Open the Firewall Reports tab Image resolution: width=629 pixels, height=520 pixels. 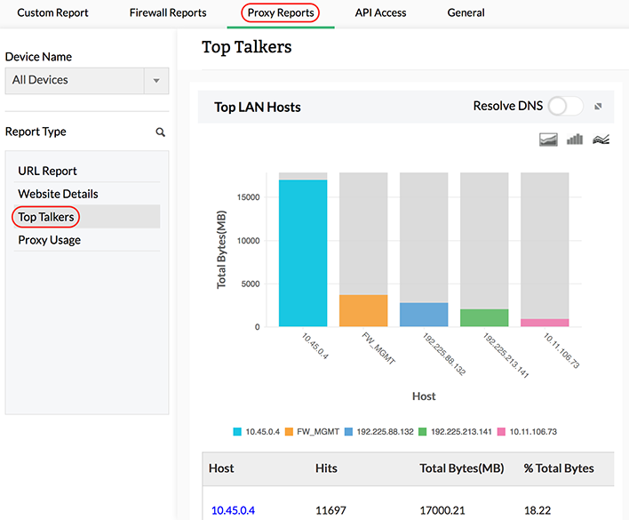point(167,13)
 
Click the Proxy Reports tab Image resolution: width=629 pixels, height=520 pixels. point(280,13)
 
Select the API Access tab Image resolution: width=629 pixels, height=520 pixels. point(380,13)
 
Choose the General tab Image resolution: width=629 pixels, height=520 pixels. point(466,13)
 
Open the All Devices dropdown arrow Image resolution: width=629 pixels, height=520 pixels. point(156,81)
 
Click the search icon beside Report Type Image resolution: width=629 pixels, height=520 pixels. point(161,132)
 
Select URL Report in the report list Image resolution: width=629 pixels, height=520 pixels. point(47,171)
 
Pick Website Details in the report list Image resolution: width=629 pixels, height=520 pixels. point(58,194)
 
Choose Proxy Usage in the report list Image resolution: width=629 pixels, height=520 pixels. point(49,240)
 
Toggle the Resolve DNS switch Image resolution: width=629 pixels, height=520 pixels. point(565,107)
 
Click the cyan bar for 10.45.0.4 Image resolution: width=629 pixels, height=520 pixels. point(303,253)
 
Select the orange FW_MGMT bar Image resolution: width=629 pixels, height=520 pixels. point(363,310)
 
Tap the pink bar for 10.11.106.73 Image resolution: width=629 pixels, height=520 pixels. point(545,323)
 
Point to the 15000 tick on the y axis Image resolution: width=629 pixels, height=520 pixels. point(248,197)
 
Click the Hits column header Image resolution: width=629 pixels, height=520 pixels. point(326,468)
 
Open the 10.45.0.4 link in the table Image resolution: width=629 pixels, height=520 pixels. point(233,510)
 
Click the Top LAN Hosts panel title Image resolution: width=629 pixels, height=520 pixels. point(258,108)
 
